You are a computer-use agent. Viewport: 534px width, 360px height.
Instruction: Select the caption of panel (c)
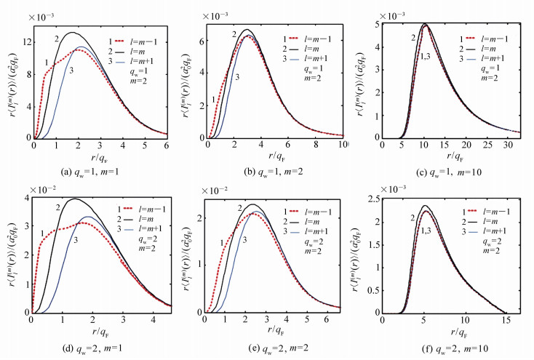click(x=450, y=172)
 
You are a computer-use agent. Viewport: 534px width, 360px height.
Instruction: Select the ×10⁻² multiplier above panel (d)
click(x=47, y=192)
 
